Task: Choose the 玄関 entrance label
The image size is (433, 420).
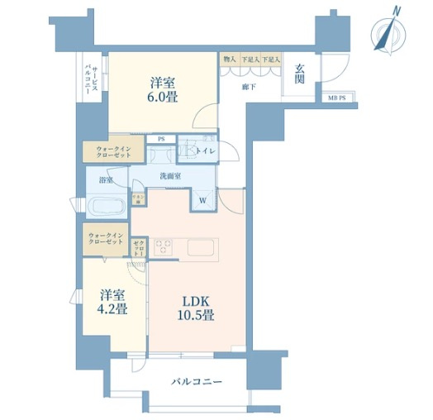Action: point(301,74)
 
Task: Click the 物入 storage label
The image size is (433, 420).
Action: point(229,60)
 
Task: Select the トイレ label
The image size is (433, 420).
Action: point(207,152)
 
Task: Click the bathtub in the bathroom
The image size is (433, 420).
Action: point(106,204)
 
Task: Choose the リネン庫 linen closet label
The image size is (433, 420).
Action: point(139,198)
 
